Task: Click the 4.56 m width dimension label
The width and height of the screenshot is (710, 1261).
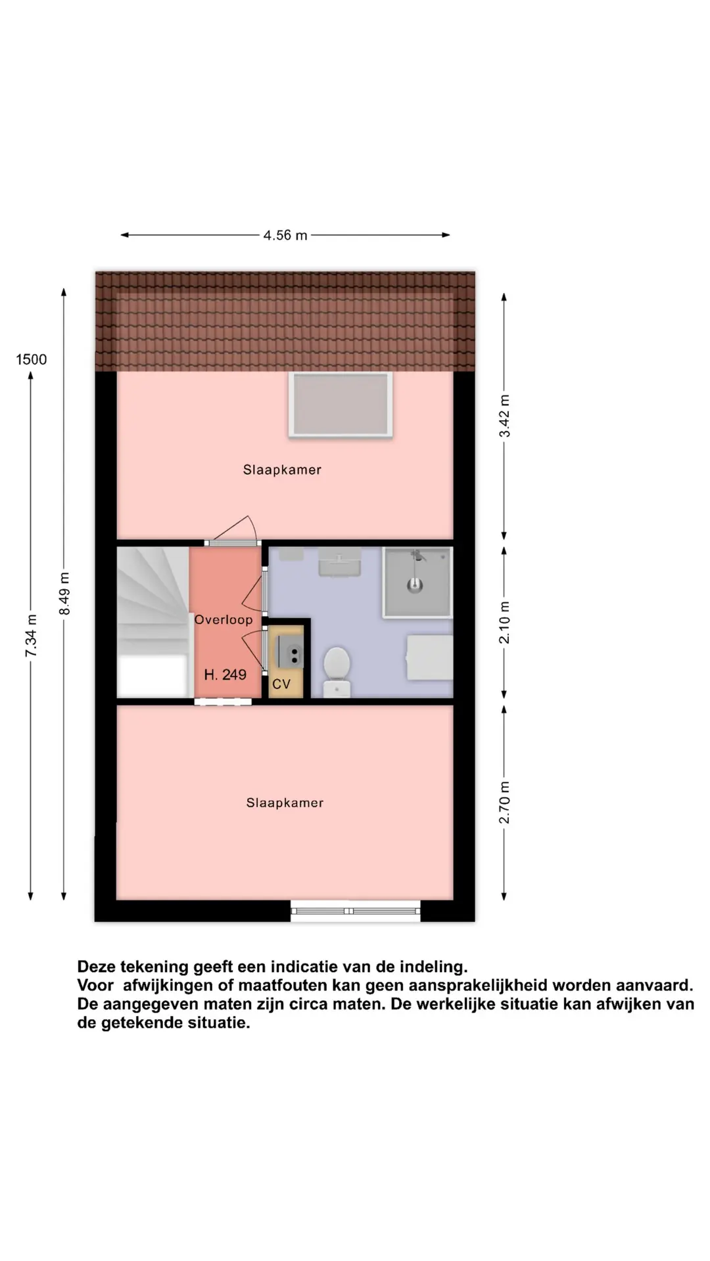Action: click(285, 235)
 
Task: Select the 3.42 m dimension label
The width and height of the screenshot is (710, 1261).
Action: click(504, 416)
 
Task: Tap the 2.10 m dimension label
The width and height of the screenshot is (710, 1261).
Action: click(504, 622)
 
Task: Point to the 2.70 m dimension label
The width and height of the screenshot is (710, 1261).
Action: click(504, 802)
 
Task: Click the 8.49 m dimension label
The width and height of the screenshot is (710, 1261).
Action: click(64, 594)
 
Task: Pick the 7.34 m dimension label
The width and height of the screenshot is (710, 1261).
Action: click(31, 636)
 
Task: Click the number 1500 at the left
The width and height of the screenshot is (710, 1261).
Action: click(32, 359)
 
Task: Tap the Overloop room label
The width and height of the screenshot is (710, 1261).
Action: click(224, 619)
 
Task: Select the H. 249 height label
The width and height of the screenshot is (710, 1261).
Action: click(225, 675)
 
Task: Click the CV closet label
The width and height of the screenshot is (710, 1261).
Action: click(281, 684)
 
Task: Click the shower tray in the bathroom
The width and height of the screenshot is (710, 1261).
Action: click(417, 582)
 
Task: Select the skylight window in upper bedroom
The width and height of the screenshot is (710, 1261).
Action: click(341, 405)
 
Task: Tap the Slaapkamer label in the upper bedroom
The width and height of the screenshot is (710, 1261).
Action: click(282, 470)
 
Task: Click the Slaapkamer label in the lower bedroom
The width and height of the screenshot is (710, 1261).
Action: click(285, 803)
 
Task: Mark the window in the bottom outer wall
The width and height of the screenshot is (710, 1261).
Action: click(356, 911)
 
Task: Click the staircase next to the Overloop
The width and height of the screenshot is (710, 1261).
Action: click(153, 621)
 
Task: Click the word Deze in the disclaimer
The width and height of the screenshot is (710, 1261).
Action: click(96, 967)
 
